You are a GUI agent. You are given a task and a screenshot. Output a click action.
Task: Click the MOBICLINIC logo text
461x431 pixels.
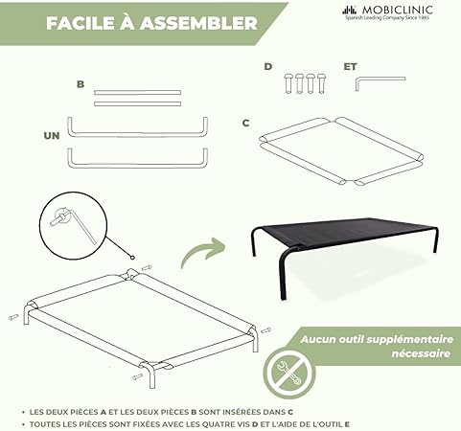pos(397,11)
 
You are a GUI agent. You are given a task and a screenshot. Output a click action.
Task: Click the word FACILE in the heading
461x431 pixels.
pos(81,23)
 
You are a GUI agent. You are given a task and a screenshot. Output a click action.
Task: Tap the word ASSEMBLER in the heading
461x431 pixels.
pos(199,23)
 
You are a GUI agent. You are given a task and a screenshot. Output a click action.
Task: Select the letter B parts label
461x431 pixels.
pos(81,84)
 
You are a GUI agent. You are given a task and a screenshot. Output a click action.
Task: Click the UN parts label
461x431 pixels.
pos(52,136)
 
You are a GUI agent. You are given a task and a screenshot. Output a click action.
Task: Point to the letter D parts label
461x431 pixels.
pos(268,66)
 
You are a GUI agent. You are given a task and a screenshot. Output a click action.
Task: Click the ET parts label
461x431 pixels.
pos(350,66)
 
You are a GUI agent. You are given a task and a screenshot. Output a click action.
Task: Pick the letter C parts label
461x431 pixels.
pos(245,123)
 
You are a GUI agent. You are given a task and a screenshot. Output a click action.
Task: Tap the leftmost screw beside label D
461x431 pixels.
pos(288,83)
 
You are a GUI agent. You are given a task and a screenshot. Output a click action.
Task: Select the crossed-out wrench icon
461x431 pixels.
pos(288,373)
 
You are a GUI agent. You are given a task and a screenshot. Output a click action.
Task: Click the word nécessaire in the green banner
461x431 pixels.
pos(421,353)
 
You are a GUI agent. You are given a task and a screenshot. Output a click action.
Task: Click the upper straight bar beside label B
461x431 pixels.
pos(137,93)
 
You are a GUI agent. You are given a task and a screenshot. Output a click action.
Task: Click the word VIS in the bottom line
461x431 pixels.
pos(243,424)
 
